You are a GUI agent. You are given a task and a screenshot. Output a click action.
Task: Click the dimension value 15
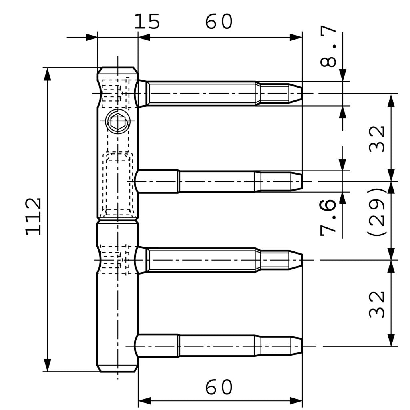click(x=147, y=22)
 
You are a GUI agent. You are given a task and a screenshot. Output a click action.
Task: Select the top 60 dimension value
click(x=219, y=22)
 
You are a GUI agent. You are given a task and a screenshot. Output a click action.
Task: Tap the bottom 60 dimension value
click(x=219, y=387)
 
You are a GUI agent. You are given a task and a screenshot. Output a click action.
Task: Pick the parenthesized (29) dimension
click(x=376, y=211)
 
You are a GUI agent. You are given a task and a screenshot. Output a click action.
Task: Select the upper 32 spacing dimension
click(x=376, y=139)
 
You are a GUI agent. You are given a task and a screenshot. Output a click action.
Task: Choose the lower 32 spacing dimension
click(x=376, y=304)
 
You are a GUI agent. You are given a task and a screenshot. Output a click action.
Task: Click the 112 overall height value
click(x=34, y=216)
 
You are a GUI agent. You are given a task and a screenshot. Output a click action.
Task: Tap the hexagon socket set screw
click(x=118, y=121)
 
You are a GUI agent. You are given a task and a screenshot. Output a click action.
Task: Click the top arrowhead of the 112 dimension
click(x=47, y=74)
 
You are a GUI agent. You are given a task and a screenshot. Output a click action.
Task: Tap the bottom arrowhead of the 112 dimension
click(x=47, y=365)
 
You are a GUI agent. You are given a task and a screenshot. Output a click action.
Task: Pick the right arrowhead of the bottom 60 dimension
click(x=296, y=400)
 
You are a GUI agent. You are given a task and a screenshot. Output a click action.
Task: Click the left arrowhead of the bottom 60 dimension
click(x=144, y=400)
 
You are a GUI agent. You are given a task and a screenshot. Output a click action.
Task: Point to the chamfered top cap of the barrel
click(x=118, y=70)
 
